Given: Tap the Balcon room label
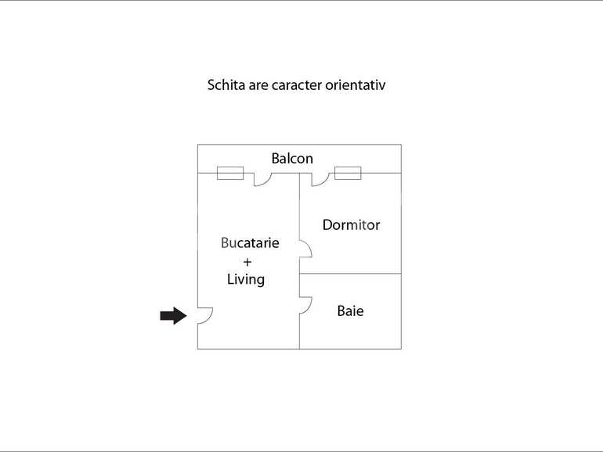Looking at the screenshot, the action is click(292, 159).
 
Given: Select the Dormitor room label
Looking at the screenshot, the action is click(351, 225).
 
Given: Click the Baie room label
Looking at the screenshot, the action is click(350, 311).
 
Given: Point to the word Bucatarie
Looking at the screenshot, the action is click(250, 243).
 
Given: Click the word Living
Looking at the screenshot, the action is click(246, 279).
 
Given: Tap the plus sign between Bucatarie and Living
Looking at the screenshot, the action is click(247, 261).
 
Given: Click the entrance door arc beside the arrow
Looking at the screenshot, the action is click(205, 316).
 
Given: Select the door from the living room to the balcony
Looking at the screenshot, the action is click(262, 180).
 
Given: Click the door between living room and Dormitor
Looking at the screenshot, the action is click(305, 249).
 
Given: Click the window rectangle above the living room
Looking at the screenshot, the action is click(229, 173).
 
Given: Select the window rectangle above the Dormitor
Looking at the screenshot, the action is click(347, 173).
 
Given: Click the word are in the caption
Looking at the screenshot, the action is click(259, 84).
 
